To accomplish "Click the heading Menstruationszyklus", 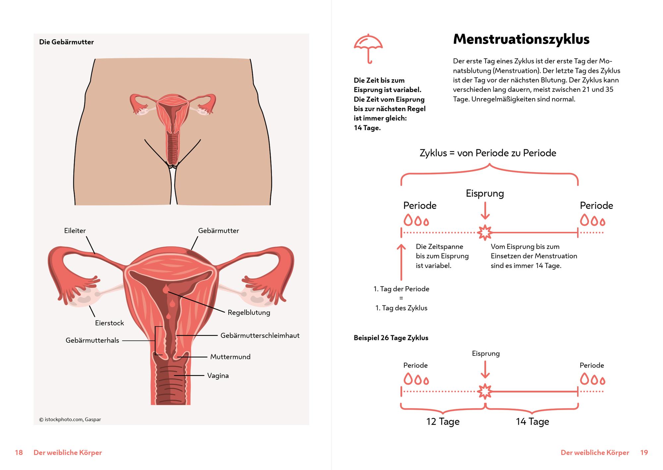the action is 521,39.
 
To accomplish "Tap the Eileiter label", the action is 75,231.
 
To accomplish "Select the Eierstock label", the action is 109,323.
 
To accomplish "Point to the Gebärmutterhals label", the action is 92,340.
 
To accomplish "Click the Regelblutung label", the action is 249,313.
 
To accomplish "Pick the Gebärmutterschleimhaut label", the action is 260,336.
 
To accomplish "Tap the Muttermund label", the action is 230,357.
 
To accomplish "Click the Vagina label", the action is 218,376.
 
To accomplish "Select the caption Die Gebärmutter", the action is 66,42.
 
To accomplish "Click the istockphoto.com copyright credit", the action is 70,419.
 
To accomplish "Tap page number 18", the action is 19,452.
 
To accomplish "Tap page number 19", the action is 644,452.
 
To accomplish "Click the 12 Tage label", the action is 443,421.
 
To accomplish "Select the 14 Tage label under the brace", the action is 532,421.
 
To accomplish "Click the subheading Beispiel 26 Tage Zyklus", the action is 391,338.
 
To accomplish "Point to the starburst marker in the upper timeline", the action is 485,233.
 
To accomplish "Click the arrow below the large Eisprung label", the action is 485,210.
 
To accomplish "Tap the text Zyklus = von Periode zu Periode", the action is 488,153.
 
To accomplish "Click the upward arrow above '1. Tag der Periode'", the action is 401,262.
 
